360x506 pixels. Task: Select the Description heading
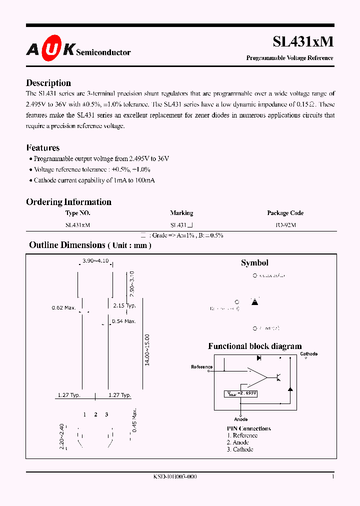[48, 83]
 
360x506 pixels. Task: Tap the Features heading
[42, 147]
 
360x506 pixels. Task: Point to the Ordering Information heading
[68, 202]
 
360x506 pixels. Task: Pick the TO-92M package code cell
[285, 225]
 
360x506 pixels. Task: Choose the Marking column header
[181, 213]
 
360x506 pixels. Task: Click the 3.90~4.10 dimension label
[95, 261]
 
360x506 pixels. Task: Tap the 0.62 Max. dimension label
[63, 307]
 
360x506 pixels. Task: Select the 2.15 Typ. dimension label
[124, 305]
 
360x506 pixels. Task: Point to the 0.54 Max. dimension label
[123, 321]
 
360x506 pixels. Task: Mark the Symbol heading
[254, 263]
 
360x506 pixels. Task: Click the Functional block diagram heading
[254, 346]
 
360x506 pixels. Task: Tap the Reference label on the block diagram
[202, 367]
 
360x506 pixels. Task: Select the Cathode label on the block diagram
[308, 354]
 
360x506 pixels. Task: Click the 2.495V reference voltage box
[241, 393]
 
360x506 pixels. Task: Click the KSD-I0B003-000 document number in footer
[175, 477]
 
